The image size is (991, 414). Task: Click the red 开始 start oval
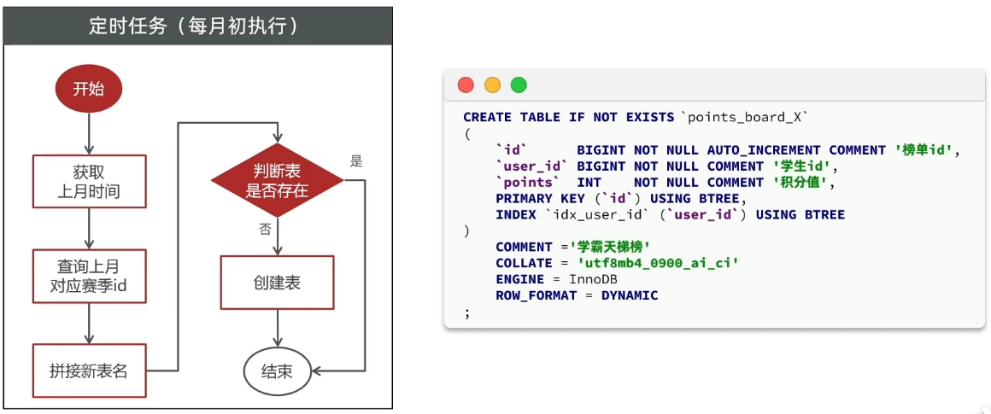pyautogui.click(x=89, y=89)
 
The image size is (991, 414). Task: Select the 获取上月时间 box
pyautogui.click(x=89, y=181)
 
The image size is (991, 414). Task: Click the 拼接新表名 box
pyautogui.click(x=89, y=371)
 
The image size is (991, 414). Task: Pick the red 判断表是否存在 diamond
pyautogui.click(x=277, y=180)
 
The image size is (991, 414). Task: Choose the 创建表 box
pyautogui.click(x=277, y=283)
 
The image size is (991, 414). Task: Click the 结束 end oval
pyautogui.click(x=277, y=371)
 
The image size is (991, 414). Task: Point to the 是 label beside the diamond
pyautogui.click(x=357, y=160)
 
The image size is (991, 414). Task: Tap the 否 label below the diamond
pyautogui.click(x=265, y=229)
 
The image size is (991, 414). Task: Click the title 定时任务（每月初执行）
pyautogui.click(x=197, y=26)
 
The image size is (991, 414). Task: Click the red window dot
pyautogui.click(x=466, y=85)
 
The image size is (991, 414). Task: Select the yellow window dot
pyautogui.click(x=492, y=85)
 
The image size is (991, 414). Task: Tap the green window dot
pyautogui.click(x=519, y=85)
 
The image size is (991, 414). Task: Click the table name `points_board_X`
pyautogui.click(x=743, y=117)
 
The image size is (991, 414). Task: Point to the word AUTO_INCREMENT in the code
pyautogui.click(x=764, y=150)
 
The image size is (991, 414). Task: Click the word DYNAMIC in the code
pyautogui.click(x=630, y=296)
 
